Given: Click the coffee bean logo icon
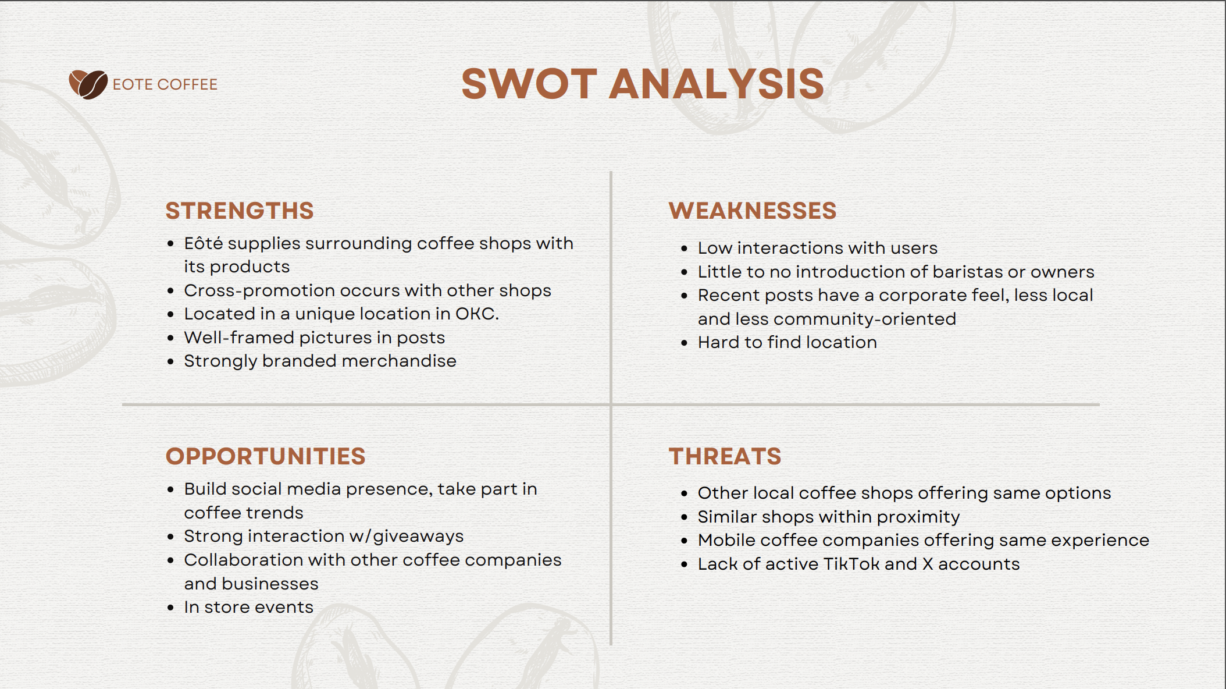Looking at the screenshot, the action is click(88, 84).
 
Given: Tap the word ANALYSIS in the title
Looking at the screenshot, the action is click(717, 84).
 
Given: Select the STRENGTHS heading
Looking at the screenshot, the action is click(240, 211).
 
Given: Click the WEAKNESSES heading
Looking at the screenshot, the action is click(753, 211).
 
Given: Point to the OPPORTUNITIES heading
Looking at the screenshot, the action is click(266, 456).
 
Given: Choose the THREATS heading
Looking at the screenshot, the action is click(725, 456).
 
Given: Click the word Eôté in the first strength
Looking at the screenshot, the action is click(204, 243).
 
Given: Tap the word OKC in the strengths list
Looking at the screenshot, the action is click(477, 314).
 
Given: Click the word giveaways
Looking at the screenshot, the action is click(418, 536).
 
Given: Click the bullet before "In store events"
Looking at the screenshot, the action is click(170, 608).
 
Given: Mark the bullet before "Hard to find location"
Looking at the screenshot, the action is click(684, 343).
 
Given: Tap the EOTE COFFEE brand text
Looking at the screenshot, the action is click(165, 84).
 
